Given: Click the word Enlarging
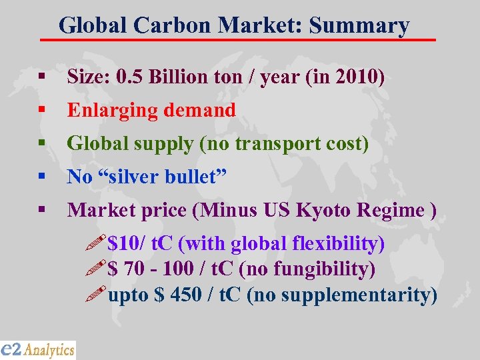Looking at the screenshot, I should point(109,111).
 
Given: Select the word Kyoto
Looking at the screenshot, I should point(323,210).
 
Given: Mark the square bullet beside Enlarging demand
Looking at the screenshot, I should point(41,110).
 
